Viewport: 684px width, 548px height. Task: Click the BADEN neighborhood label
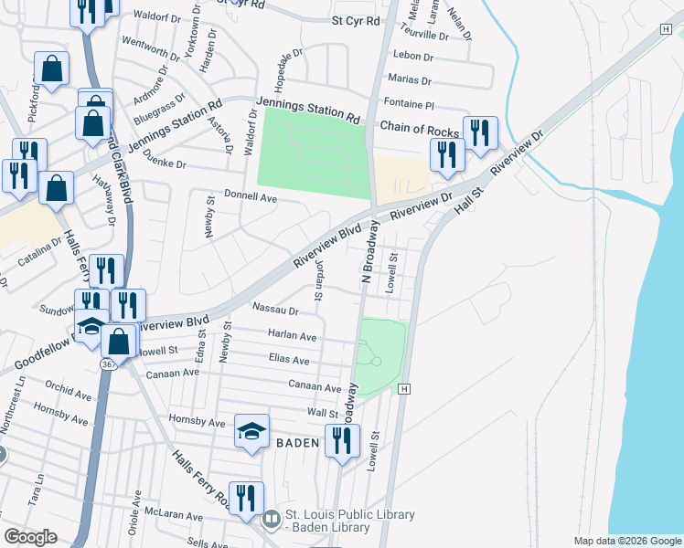[297, 443]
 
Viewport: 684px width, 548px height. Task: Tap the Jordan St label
[319, 279]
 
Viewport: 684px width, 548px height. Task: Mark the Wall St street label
[323, 413]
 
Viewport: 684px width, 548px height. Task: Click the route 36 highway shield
[108, 364]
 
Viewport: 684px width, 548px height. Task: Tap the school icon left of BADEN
[251, 431]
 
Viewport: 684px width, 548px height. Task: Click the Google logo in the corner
[29, 537]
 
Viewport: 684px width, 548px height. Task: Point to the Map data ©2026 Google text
[627, 541]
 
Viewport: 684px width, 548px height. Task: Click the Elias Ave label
[288, 360]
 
